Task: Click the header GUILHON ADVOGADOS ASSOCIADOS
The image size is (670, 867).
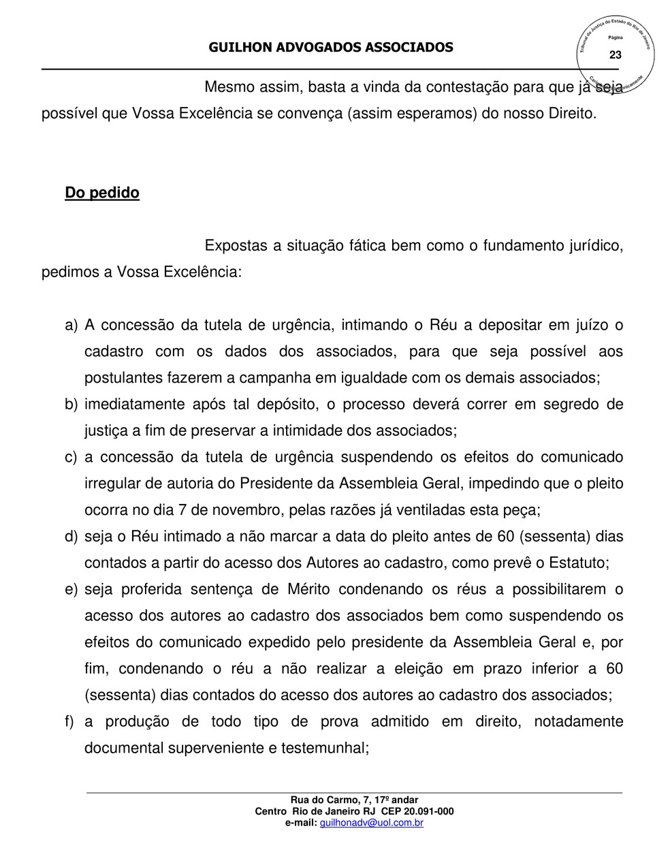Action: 330,47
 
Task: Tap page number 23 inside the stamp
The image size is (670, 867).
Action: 615,54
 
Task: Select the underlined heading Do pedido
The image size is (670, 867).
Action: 102,193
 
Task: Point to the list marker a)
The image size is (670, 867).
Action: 71,326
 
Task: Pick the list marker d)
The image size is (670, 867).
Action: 71,537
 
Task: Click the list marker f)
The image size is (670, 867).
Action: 69,721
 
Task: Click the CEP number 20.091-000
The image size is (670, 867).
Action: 427,811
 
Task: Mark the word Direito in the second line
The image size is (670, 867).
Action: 572,113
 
